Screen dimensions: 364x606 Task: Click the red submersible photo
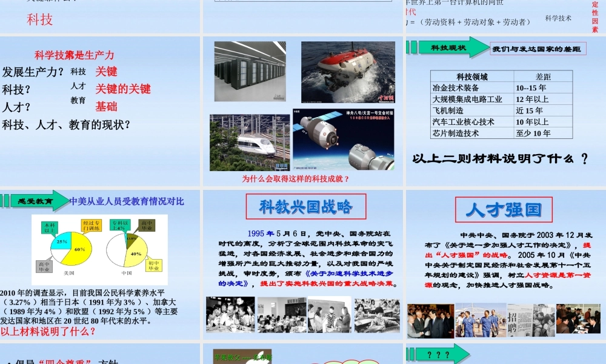click(348, 72)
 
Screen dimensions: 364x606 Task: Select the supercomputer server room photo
click(250, 72)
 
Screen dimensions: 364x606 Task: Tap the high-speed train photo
click(250, 143)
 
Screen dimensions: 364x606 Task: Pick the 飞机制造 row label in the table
click(448, 110)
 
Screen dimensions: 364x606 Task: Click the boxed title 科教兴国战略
click(305, 207)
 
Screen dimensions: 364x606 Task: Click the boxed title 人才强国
click(504, 210)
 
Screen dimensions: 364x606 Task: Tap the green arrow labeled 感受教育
click(38, 201)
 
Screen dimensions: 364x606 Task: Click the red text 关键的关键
click(123, 89)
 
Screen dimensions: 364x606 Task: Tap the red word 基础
click(106, 107)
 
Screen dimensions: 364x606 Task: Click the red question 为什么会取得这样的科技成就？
click(296, 179)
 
